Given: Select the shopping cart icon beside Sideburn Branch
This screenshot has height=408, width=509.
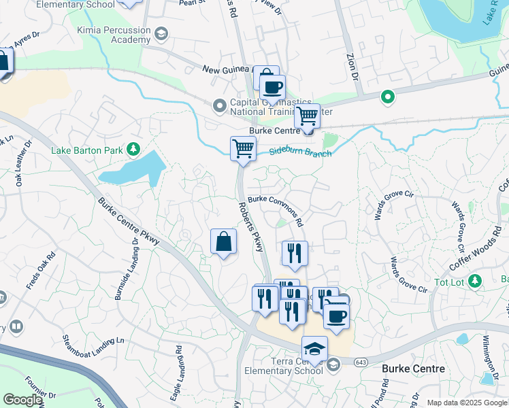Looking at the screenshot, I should (x=243, y=148).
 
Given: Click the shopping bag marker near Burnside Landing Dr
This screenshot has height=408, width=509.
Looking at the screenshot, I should (x=223, y=241).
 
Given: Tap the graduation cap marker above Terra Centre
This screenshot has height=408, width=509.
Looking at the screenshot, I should (x=314, y=349).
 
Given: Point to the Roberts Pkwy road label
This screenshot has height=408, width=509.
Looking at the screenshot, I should (x=250, y=227).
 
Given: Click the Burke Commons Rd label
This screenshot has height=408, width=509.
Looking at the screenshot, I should (x=276, y=210).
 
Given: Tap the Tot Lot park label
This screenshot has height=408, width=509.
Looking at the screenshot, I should (x=450, y=282).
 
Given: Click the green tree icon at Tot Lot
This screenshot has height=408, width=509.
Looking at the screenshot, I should (x=475, y=281).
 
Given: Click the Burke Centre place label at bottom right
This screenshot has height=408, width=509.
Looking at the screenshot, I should (x=414, y=369).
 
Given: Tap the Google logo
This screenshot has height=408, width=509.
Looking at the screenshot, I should (x=23, y=399).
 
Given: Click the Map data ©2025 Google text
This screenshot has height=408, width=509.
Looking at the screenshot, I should (x=467, y=403).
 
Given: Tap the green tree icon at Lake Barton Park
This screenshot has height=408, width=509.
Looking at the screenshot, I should (x=134, y=148).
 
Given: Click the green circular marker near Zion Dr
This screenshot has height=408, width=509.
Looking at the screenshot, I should (x=388, y=97).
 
